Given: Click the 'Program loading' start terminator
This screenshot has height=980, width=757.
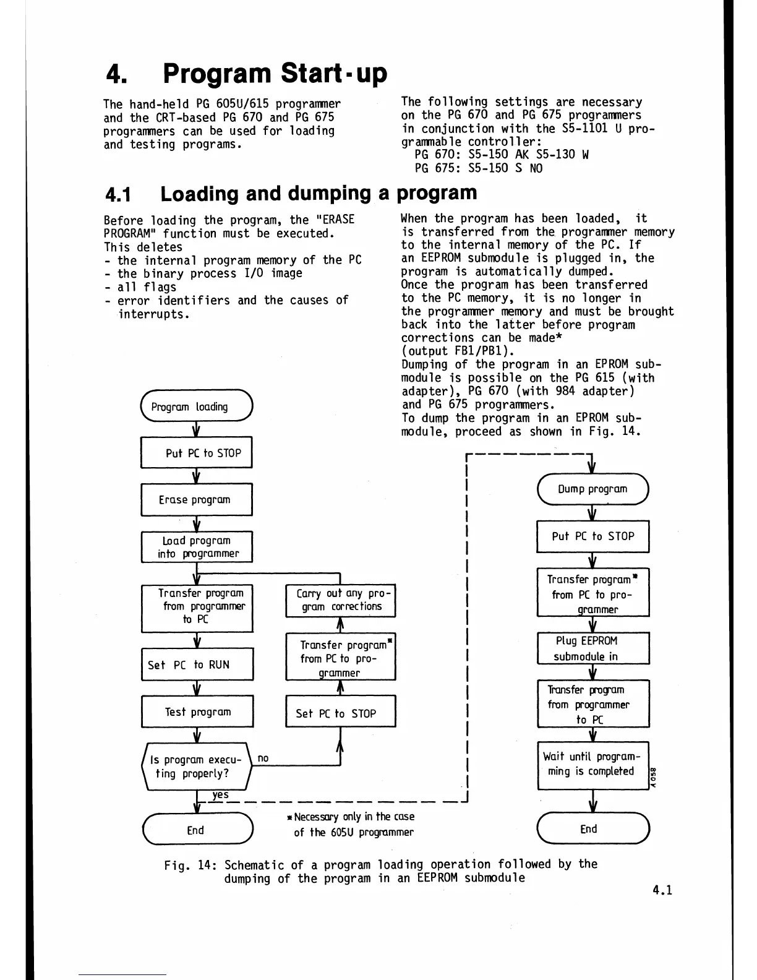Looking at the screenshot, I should (x=197, y=406).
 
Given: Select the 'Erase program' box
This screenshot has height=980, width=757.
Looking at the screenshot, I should (x=197, y=499).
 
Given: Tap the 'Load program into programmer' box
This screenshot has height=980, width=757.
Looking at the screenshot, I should (x=197, y=547).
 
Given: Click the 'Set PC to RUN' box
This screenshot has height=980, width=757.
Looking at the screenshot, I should (x=197, y=664).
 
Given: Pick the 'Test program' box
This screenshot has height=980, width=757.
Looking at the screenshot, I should (x=197, y=712).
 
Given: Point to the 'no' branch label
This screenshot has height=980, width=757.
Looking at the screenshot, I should (x=263, y=758).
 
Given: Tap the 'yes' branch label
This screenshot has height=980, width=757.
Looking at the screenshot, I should (x=220, y=794).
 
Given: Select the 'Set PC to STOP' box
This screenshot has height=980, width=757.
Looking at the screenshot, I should (x=340, y=713).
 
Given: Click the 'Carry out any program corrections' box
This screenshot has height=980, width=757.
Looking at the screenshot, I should (x=340, y=600).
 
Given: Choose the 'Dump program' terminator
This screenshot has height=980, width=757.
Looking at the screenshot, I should (x=592, y=489).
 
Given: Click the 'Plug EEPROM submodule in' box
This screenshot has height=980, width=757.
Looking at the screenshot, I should (x=592, y=648).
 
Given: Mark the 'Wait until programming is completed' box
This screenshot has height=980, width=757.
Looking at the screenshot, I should (x=592, y=765).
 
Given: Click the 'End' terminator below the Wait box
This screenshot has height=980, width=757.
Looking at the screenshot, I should (x=592, y=829).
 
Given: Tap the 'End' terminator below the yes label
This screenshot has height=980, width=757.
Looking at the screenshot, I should (x=197, y=830).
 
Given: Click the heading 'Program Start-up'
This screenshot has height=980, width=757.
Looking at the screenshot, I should (x=275, y=74).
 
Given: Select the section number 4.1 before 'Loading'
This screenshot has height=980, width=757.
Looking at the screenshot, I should (x=118, y=194).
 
